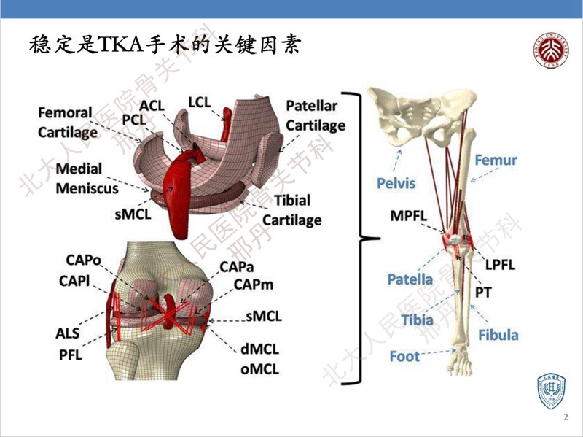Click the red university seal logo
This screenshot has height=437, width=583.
click(552, 48)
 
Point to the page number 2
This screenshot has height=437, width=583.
click(566, 418)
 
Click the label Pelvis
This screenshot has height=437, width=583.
click(396, 182)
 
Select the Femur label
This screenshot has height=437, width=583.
click(496, 160)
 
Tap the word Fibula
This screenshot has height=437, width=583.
click(498, 335)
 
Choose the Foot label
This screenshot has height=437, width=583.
click(404, 356)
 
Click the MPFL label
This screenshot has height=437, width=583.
click(410, 216)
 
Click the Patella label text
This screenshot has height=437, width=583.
click(410, 279)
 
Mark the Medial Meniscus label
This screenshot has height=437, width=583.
click(87, 178)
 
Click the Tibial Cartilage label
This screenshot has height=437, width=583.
click(291, 209)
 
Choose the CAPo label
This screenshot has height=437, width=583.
click(83, 260)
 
